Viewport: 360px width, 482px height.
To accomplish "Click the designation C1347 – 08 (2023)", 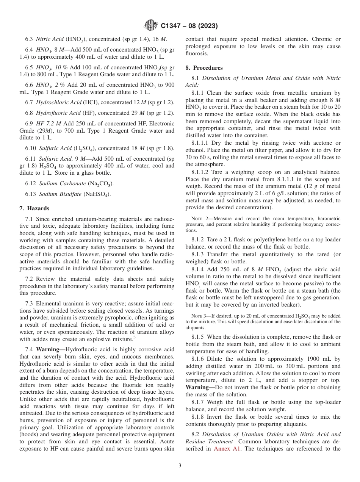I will click(x=189, y=26).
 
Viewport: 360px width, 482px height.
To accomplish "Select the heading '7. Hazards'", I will click(x=34, y=208).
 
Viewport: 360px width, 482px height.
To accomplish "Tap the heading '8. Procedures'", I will click(x=204, y=68).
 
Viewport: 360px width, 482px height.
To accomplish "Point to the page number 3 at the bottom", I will click(x=180, y=466).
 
